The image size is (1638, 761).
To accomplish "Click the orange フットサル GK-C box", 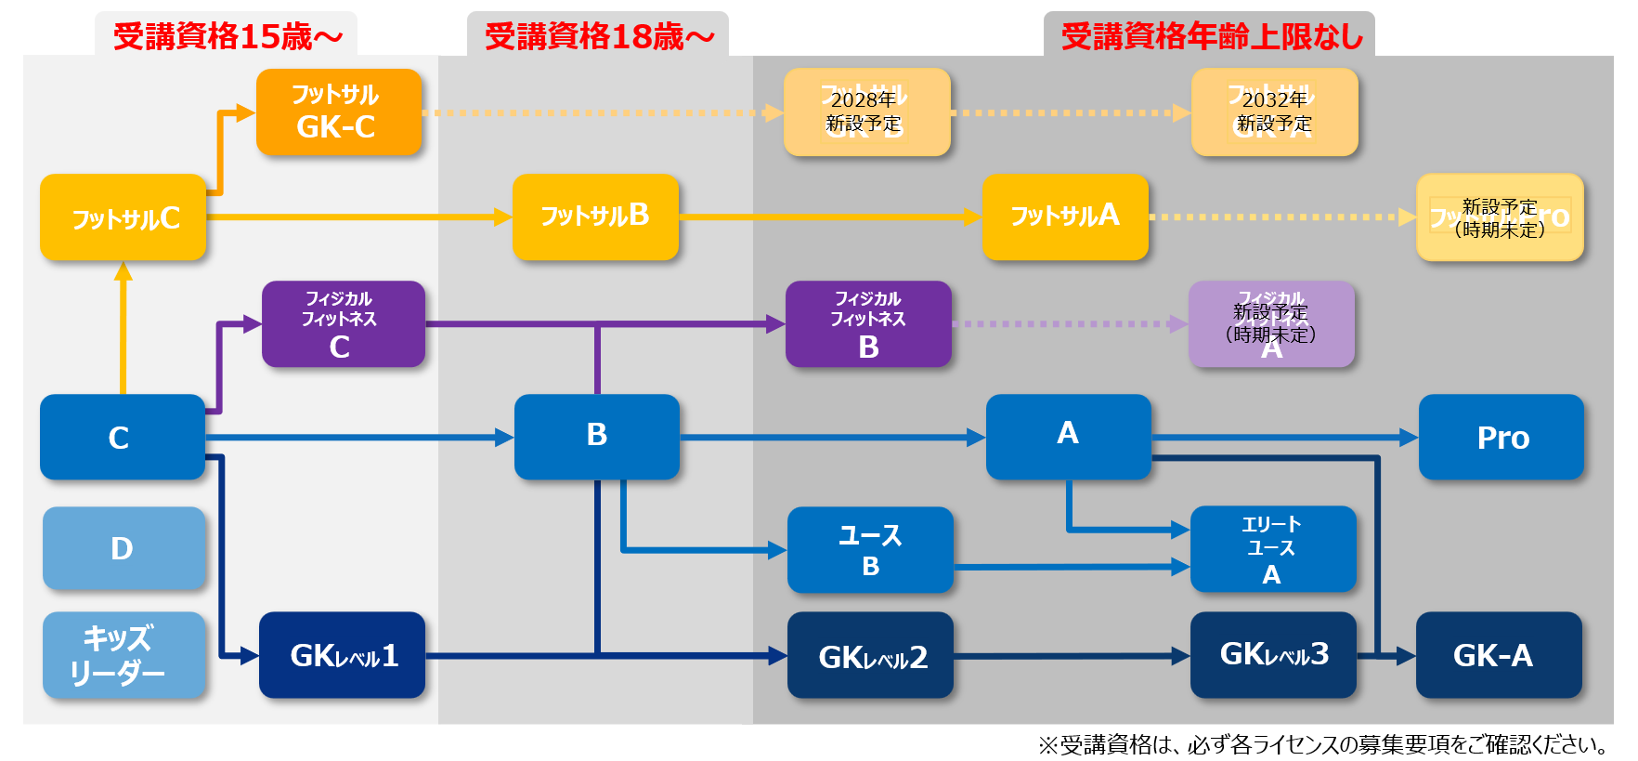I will [338, 112].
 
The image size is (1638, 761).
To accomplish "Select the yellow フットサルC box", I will [123, 217].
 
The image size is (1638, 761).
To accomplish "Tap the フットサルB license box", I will [595, 216].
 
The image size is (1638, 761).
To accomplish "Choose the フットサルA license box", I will [1065, 216].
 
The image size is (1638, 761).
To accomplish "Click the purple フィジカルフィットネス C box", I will [343, 324].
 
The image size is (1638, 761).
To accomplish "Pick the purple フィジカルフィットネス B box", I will [868, 324].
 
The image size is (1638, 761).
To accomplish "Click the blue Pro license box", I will [1501, 437].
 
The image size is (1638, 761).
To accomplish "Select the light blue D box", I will [123, 548].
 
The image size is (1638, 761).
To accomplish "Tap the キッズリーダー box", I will [123, 655].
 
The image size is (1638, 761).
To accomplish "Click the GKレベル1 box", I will [342, 655].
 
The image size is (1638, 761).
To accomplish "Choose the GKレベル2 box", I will [870, 655].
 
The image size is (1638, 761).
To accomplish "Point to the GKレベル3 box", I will [1273, 655].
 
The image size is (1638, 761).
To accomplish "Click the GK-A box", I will [1498, 655].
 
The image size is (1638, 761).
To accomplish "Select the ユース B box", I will [870, 550].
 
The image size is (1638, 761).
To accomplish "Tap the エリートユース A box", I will [1273, 549].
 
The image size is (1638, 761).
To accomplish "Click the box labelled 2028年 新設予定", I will [866, 112].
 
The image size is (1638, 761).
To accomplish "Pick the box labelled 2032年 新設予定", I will [1274, 112].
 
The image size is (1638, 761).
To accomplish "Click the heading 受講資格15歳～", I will [227, 36].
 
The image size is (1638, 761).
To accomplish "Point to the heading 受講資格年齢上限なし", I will [1211, 36].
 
